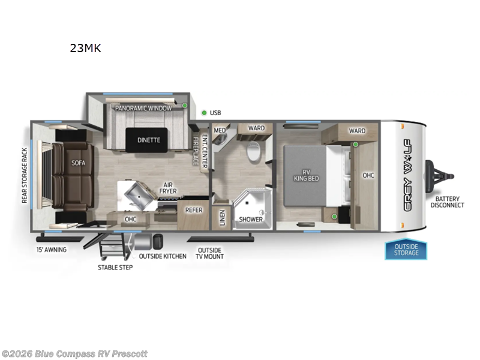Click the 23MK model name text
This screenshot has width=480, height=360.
click(x=85, y=49)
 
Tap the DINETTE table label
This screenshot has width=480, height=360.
click(x=148, y=140)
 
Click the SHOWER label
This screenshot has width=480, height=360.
click(x=251, y=219)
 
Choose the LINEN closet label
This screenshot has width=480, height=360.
click(x=222, y=218)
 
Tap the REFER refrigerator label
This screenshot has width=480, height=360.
click(x=193, y=210)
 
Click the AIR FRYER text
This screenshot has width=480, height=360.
click(x=169, y=189)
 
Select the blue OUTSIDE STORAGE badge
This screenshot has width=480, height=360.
click(x=406, y=250)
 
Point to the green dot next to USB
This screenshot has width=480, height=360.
click(x=204, y=112)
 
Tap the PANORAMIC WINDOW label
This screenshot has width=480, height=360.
click(x=143, y=108)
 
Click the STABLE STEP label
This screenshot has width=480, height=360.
click(x=115, y=267)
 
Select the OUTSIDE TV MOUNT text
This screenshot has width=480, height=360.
click(x=209, y=253)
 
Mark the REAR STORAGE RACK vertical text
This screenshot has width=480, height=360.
click(x=25, y=176)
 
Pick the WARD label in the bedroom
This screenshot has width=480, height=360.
click(x=357, y=131)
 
